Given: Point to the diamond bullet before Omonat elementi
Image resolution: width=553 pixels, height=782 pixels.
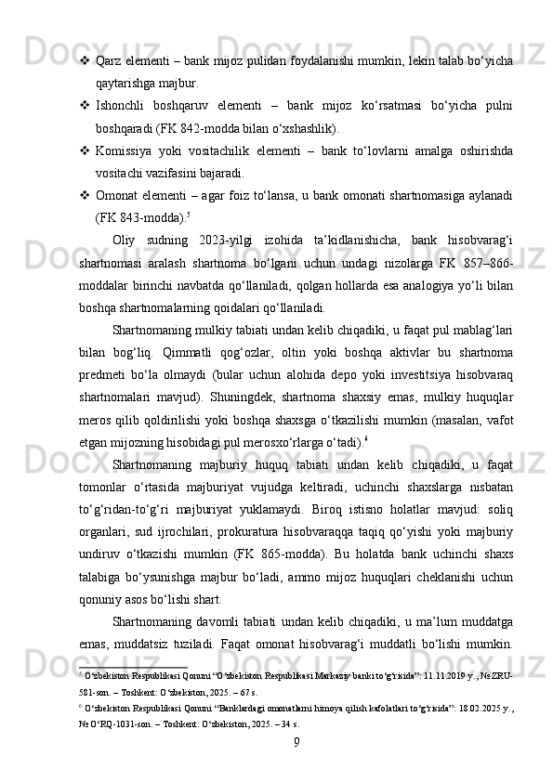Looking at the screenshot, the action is click(x=85, y=195).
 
